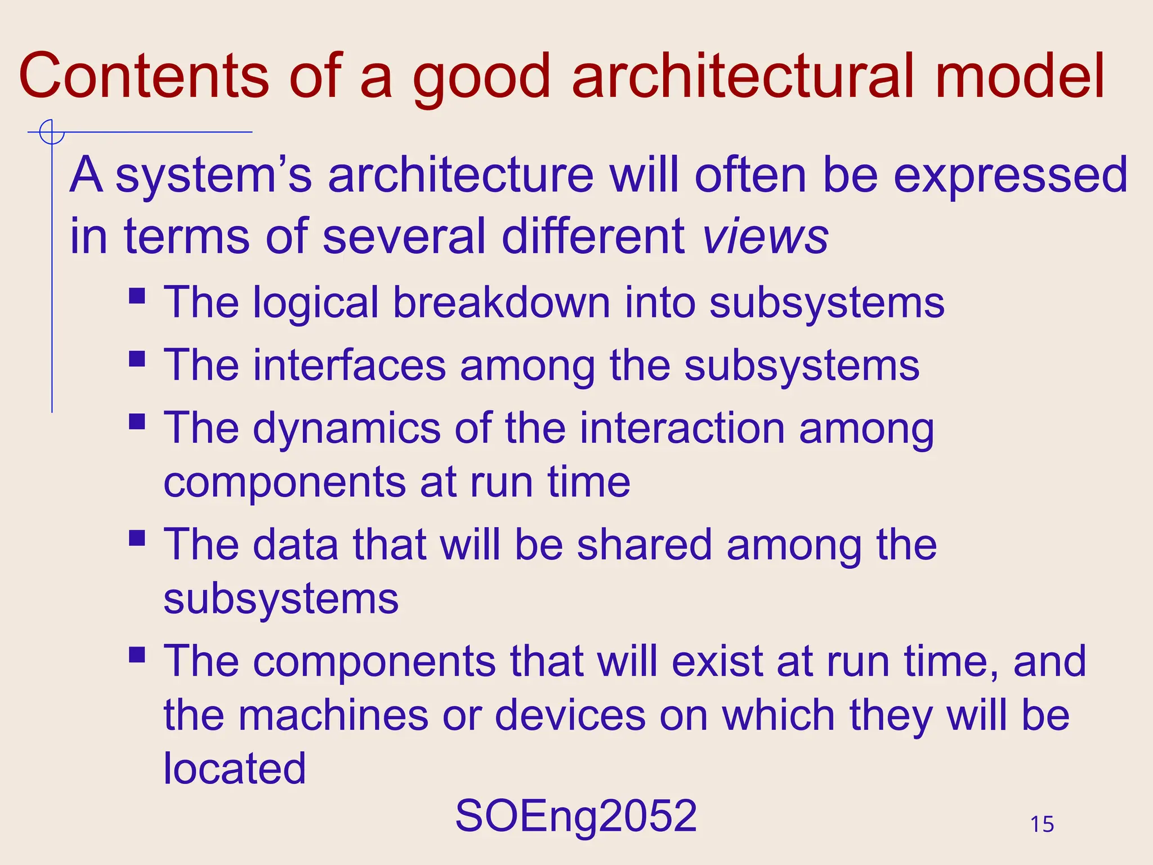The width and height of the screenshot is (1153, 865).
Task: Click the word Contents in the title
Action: click(x=144, y=76)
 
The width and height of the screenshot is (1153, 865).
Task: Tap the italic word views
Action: click(x=766, y=237)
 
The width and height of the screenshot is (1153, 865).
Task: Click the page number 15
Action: click(x=1042, y=824)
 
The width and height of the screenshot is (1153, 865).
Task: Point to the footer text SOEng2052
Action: click(x=576, y=816)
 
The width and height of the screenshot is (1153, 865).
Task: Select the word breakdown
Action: click(x=501, y=302)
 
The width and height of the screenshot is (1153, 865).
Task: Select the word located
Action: click(x=234, y=769)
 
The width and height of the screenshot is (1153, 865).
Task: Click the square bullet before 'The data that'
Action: click(x=137, y=538)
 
